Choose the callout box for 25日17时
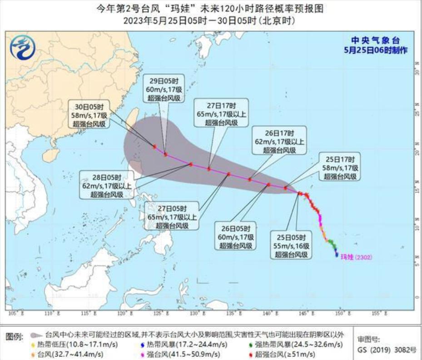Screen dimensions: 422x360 pyautogui.click(x=341, y=168)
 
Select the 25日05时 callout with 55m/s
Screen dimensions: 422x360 pyautogui.click(x=291, y=246)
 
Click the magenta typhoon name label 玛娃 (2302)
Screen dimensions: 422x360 pyautogui.click(x=356, y=257)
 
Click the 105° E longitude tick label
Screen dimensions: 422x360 pyautogui.click(x=14, y=313)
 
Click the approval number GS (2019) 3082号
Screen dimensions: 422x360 pyautogui.click(x=387, y=350)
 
